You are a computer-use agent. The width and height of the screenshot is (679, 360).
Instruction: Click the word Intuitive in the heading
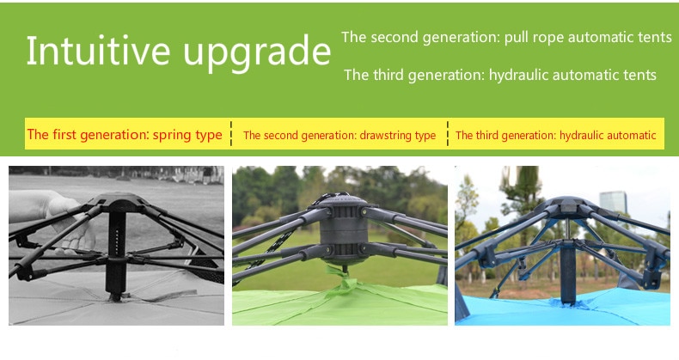pos(98,51)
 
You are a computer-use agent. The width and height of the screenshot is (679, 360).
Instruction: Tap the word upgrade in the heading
pos(257,53)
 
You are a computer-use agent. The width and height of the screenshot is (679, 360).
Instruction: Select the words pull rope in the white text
pos(534,38)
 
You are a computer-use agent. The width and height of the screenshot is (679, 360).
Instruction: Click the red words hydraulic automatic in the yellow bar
pos(608,136)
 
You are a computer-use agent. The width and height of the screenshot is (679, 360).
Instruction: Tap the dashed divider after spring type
pos(231,134)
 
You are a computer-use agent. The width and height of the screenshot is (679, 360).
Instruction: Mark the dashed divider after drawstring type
pos(447,134)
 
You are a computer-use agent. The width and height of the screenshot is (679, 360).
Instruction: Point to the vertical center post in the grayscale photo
pos(116,255)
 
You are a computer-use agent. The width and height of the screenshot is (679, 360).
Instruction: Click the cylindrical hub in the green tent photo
pos(345,229)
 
